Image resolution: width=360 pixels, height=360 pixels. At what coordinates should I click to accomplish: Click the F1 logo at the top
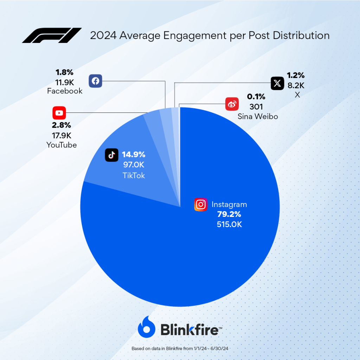point(51,36)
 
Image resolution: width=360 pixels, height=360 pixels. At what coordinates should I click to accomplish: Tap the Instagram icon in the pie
point(201,204)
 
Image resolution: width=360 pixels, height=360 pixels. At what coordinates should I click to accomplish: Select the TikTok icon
point(111,155)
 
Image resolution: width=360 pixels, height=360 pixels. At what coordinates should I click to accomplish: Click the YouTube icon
point(59,113)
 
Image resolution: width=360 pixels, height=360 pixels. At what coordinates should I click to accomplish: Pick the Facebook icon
point(95,81)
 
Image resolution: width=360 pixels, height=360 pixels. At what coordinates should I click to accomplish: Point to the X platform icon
point(277,83)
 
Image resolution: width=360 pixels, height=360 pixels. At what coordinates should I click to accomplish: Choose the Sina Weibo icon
point(232,104)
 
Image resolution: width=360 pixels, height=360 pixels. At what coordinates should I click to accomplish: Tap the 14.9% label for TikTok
point(134,154)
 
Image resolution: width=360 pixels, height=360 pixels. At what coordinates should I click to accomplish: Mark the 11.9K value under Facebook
point(64,82)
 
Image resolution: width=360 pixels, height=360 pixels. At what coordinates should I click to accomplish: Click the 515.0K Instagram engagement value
point(229,224)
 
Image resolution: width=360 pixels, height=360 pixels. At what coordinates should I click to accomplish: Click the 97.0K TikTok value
point(134,165)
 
